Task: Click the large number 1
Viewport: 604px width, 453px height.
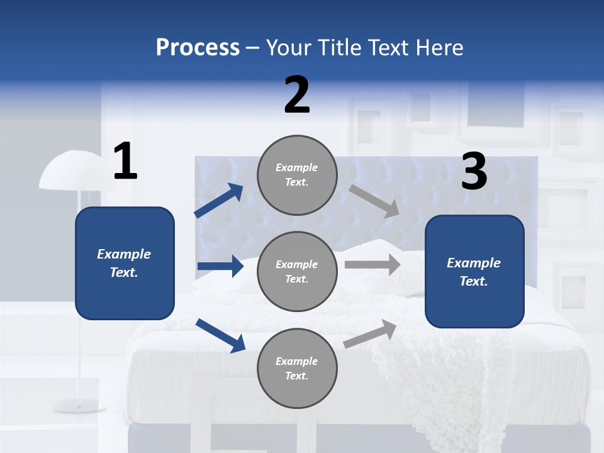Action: pos(125,162)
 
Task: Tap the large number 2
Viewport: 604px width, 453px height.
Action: pos(297,95)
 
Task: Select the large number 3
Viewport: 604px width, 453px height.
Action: pos(474,172)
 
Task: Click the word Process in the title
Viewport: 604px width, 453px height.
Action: pos(198,47)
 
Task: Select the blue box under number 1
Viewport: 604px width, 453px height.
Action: pos(125,263)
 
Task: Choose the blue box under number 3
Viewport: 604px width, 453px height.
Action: pos(474,272)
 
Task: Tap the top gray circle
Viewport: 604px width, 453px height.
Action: pos(297,175)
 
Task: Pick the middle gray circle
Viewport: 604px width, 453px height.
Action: pos(297,272)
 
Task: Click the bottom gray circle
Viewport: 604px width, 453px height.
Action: pos(297,369)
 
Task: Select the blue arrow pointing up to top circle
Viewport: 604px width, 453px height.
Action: pos(219,200)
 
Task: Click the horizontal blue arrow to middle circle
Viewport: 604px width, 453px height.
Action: pos(220,266)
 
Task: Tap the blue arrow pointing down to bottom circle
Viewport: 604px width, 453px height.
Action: pos(220,335)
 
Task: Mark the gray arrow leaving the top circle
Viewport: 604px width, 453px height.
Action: pos(374,201)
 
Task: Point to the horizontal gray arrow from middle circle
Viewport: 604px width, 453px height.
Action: pos(372,264)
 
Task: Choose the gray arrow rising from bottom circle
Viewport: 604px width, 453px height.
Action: pos(371,334)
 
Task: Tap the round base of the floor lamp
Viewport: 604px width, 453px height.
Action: pos(79,405)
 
